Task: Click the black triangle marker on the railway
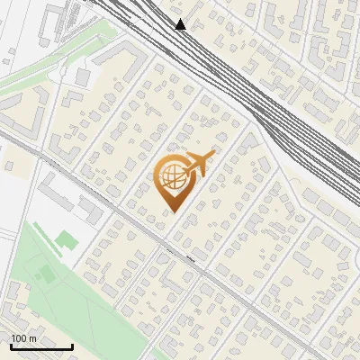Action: coord(181,24)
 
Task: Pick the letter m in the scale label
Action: coord(32,338)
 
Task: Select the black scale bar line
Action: coord(40,346)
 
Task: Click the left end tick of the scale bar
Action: coord(10,345)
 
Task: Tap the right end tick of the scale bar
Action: coord(72,345)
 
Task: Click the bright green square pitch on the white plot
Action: coord(66,239)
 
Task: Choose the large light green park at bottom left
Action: coord(72,288)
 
